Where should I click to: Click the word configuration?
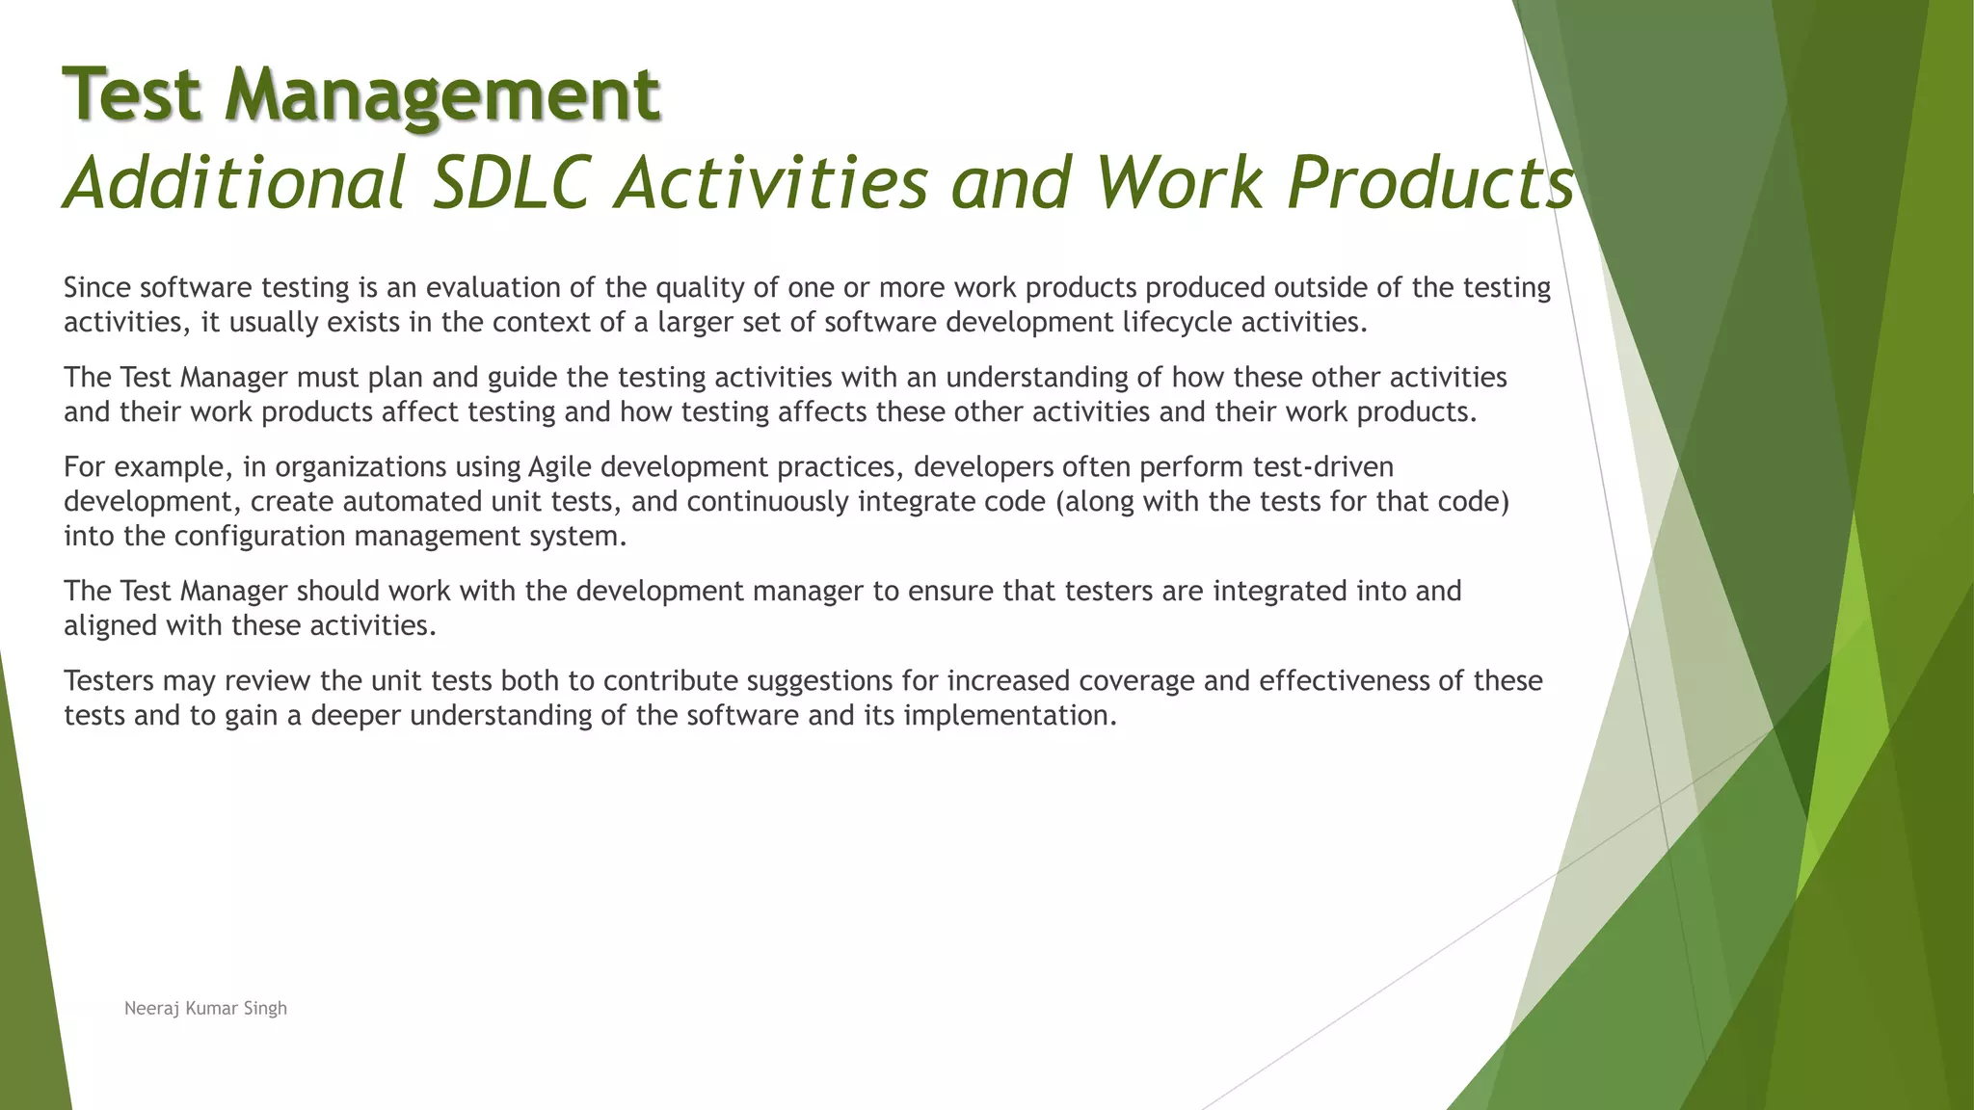[x=259, y=537]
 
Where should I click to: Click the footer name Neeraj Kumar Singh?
[x=205, y=1009]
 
